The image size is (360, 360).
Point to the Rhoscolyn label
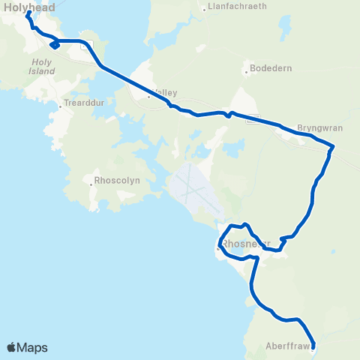pos(116,181)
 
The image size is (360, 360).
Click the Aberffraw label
pos(286,346)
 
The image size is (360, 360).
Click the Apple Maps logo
pos(28,347)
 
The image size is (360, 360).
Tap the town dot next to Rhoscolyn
pos(90,181)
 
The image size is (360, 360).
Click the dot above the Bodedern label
pos(246,72)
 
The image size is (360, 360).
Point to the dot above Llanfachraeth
pos(204,10)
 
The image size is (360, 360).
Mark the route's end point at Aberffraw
pos(313,346)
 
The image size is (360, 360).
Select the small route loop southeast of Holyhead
pos(54,45)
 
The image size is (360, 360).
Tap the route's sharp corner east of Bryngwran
pos(331,148)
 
